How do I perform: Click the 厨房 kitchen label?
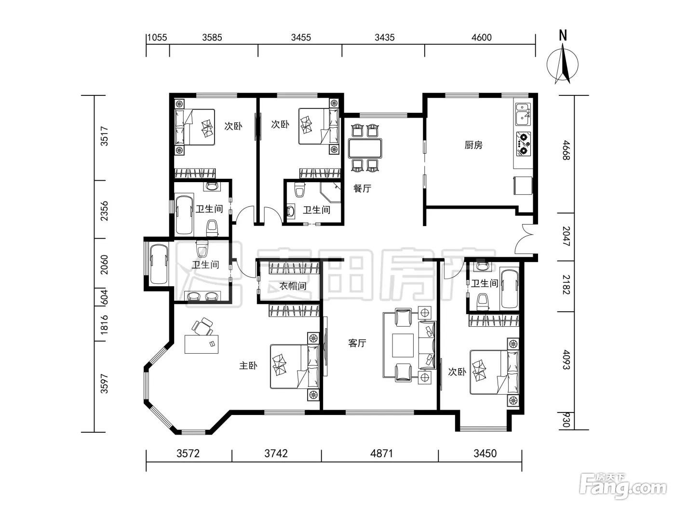coord(473,145)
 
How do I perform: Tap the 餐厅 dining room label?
coord(362,188)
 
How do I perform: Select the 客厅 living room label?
coord(357,343)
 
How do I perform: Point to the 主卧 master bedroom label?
coord(248,366)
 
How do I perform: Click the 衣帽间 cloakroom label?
coord(293,286)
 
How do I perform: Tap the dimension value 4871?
coord(381,453)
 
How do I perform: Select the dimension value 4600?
coord(482,38)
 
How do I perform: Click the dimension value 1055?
coord(157,38)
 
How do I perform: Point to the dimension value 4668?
coord(566,150)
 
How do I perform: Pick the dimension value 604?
coord(105,297)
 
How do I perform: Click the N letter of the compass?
coord(563,35)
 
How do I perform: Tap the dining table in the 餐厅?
coord(365,148)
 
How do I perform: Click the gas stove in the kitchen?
coord(524,144)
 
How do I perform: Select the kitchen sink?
coord(524,114)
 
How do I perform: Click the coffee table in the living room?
coord(403,346)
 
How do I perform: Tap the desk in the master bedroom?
coord(202,344)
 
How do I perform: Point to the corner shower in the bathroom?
coord(331,193)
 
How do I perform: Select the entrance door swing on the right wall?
coord(525,240)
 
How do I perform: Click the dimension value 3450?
coord(485,453)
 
